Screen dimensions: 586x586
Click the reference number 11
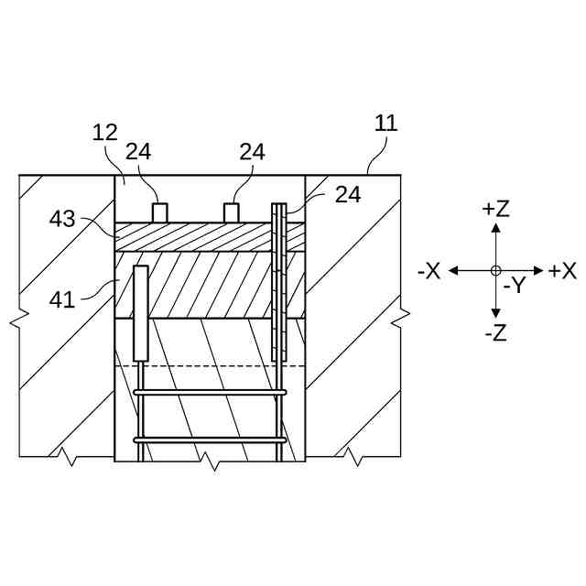pyautogui.click(x=386, y=123)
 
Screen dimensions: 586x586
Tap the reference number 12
pyautogui.click(x=105, y=133)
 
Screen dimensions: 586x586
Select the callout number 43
pyautogui.click(x=62, y=220)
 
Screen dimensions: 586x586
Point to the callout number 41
pyautogui.click(x=62, y=298)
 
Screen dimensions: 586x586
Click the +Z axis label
pyautogui.click(x=495, y=209)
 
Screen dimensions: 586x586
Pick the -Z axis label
pyautogui.click(x=495, y=333)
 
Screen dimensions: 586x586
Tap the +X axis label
pyautogui.click(x=562, y=271)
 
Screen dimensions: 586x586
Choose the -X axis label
pyautogui.click(x=429, y=271)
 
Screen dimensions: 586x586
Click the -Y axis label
pyautogui.click(x=514, y=286)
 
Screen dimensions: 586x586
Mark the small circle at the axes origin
pyautogui.click(x=495, y=270)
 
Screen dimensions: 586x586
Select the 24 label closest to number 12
pyautogui.click(x=138, y=151)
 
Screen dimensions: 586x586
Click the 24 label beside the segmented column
pyautogui.click(x=347, y=194)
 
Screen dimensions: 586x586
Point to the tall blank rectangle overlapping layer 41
pyautogui.click(x=141, y=313)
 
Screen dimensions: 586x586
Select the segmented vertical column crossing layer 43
pyautogui.click(x=279, y=279)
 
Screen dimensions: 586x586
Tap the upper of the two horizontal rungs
pyautogui.click(x=211, y=392)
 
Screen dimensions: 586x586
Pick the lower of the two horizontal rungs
pyautogui.click(x=211, y=439)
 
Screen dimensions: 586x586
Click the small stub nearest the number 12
pyautogui.click(x=159, y=212)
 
